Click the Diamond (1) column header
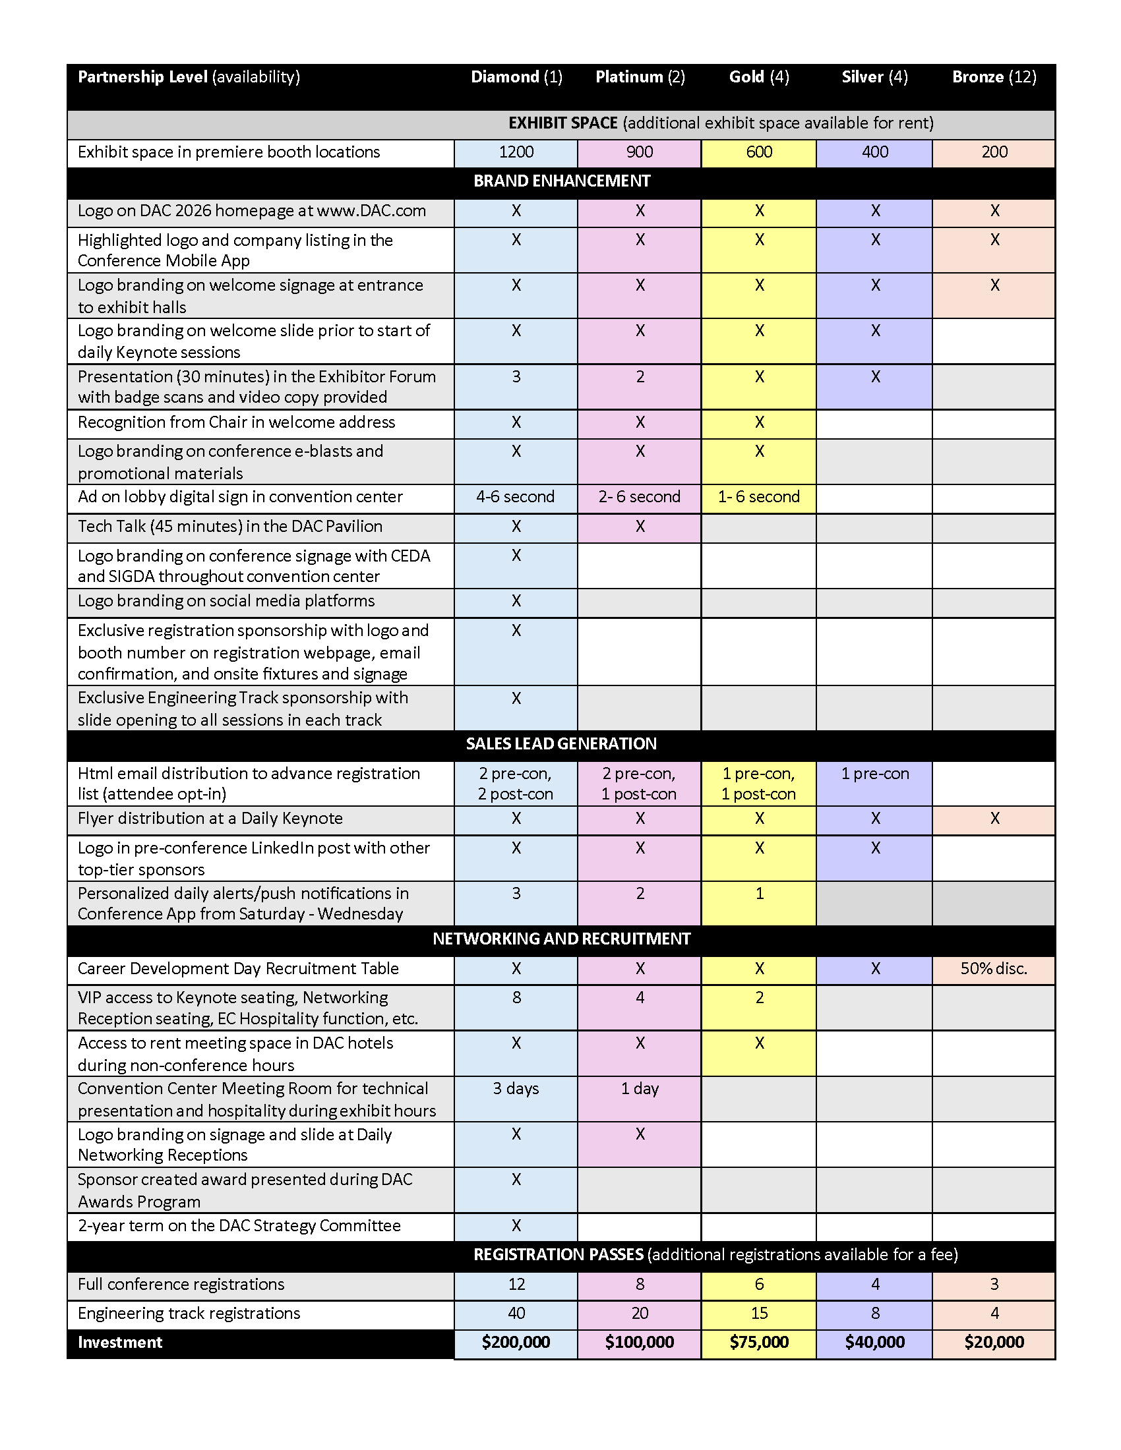pos(516,77)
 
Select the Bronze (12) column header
pos(994,77)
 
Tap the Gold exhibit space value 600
pos(758,152)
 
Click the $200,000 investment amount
pos(516,1342)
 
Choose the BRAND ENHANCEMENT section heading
pos(561,181)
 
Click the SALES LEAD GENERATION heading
pos(561,743)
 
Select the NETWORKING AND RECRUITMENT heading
pos(561,938)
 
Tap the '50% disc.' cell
pos(994,968)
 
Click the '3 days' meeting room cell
pos(516,1088)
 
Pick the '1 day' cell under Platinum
pos(640,1088)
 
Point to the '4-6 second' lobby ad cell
pos(516,496)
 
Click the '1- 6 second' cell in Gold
pos(758,496)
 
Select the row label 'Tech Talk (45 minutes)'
pos(229,527)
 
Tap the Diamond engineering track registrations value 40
pos(516,1312)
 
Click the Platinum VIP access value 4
pos(640,997)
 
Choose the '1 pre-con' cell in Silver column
pos(874,774)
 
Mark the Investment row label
pos(119,1342)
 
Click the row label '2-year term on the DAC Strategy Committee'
pos(239,1225)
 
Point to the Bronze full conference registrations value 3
pos(994,1283)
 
